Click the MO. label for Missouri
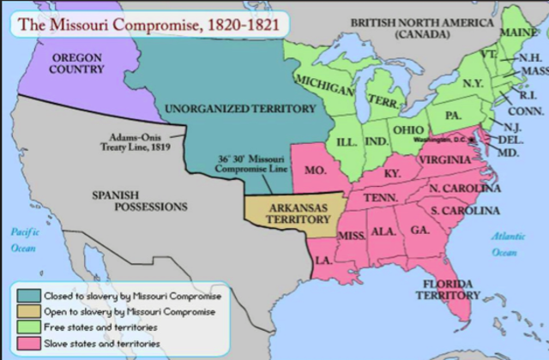pyautogui.click(x=315, y=171)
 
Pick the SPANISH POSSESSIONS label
pyautogui.click(x=139, y=201)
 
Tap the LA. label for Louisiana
pyautogui.click(x=323, y=259)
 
